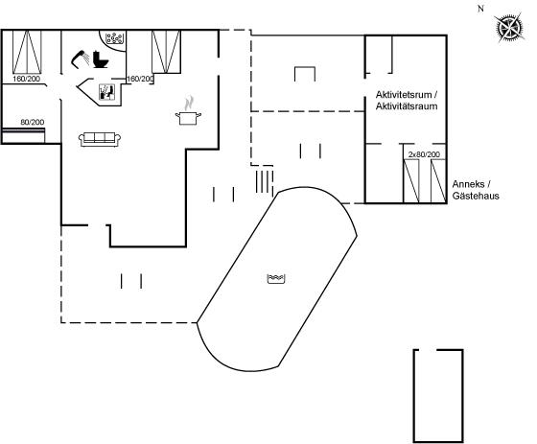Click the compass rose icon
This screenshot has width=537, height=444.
tap(509, 28)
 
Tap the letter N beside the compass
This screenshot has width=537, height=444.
tap(480, 10)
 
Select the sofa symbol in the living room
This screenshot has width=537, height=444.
tap(100, 139)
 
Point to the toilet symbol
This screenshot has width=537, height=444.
tap(101, 59)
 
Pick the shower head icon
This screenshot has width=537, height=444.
tap(81, 59)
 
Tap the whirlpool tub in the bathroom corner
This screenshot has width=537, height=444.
tap(113, 39)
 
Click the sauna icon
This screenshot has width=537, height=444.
tap(106, 92)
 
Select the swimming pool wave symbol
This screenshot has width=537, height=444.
tap(276, 279)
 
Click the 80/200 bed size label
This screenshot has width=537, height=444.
tap(33, 123)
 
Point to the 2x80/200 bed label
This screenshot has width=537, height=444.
tap(424, 154)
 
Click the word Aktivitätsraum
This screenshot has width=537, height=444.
tap(407, 106)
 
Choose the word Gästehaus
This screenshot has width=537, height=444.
tap(476, 196)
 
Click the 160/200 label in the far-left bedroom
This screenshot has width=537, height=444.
tap(27, 79)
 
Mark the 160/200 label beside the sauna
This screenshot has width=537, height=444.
tap(140, 80)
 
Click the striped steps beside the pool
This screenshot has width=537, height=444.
tap(265, 181)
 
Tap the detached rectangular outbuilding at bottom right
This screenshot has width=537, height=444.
tap(438, 396)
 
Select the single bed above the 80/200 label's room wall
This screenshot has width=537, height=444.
tap(23, 135)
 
